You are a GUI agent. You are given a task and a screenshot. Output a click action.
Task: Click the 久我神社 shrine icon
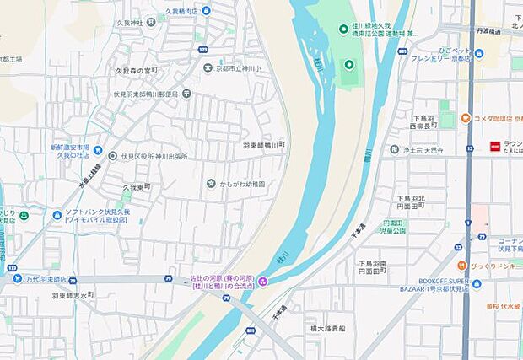(161, 17)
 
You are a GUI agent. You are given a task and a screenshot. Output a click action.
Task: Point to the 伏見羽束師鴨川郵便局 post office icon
(186, 94)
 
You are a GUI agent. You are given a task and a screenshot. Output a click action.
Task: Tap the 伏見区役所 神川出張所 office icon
(112, 156)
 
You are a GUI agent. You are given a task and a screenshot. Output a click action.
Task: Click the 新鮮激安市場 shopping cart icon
(98, 149)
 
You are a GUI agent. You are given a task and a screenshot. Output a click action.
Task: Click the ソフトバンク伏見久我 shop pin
(57, 215)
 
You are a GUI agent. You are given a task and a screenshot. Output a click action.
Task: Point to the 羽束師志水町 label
(73, 296)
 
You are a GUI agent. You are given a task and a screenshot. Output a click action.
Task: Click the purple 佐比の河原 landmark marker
(263, 282)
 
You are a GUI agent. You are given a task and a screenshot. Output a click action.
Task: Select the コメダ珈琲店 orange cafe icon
(464, 117)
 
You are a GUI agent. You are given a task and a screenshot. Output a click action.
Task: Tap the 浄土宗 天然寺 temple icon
(394, 149)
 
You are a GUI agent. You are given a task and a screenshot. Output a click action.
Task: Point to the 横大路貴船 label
(327, 328)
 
